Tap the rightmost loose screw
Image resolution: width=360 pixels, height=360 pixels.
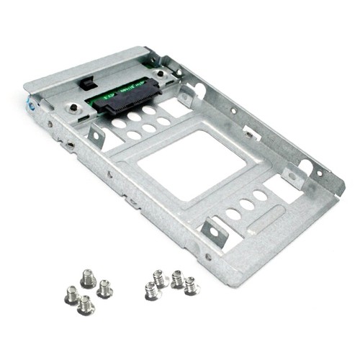point(190,286)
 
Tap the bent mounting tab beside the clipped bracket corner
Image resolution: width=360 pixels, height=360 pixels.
point(291,177)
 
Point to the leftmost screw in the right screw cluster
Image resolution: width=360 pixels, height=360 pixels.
point(150,290)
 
